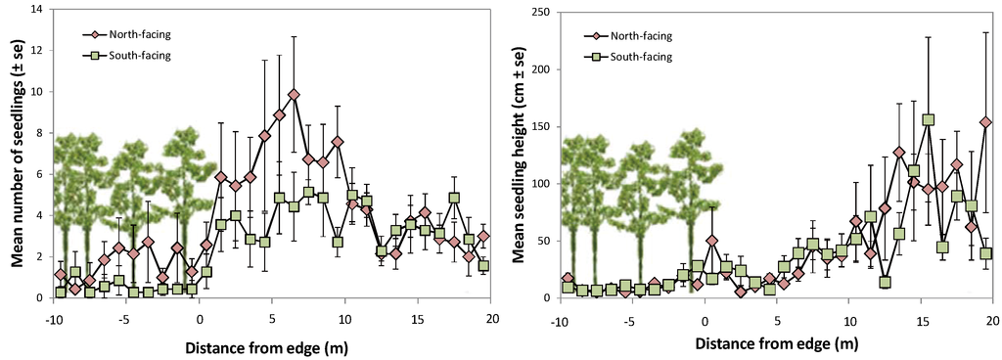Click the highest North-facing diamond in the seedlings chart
(x=294, y=95)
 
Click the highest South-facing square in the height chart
(x=929, y=120)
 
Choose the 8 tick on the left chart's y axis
(x=36, y=133)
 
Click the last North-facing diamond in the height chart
(x=985, y=123)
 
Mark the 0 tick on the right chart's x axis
(x=704, y=319)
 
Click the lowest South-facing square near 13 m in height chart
(x=885, y=283)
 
